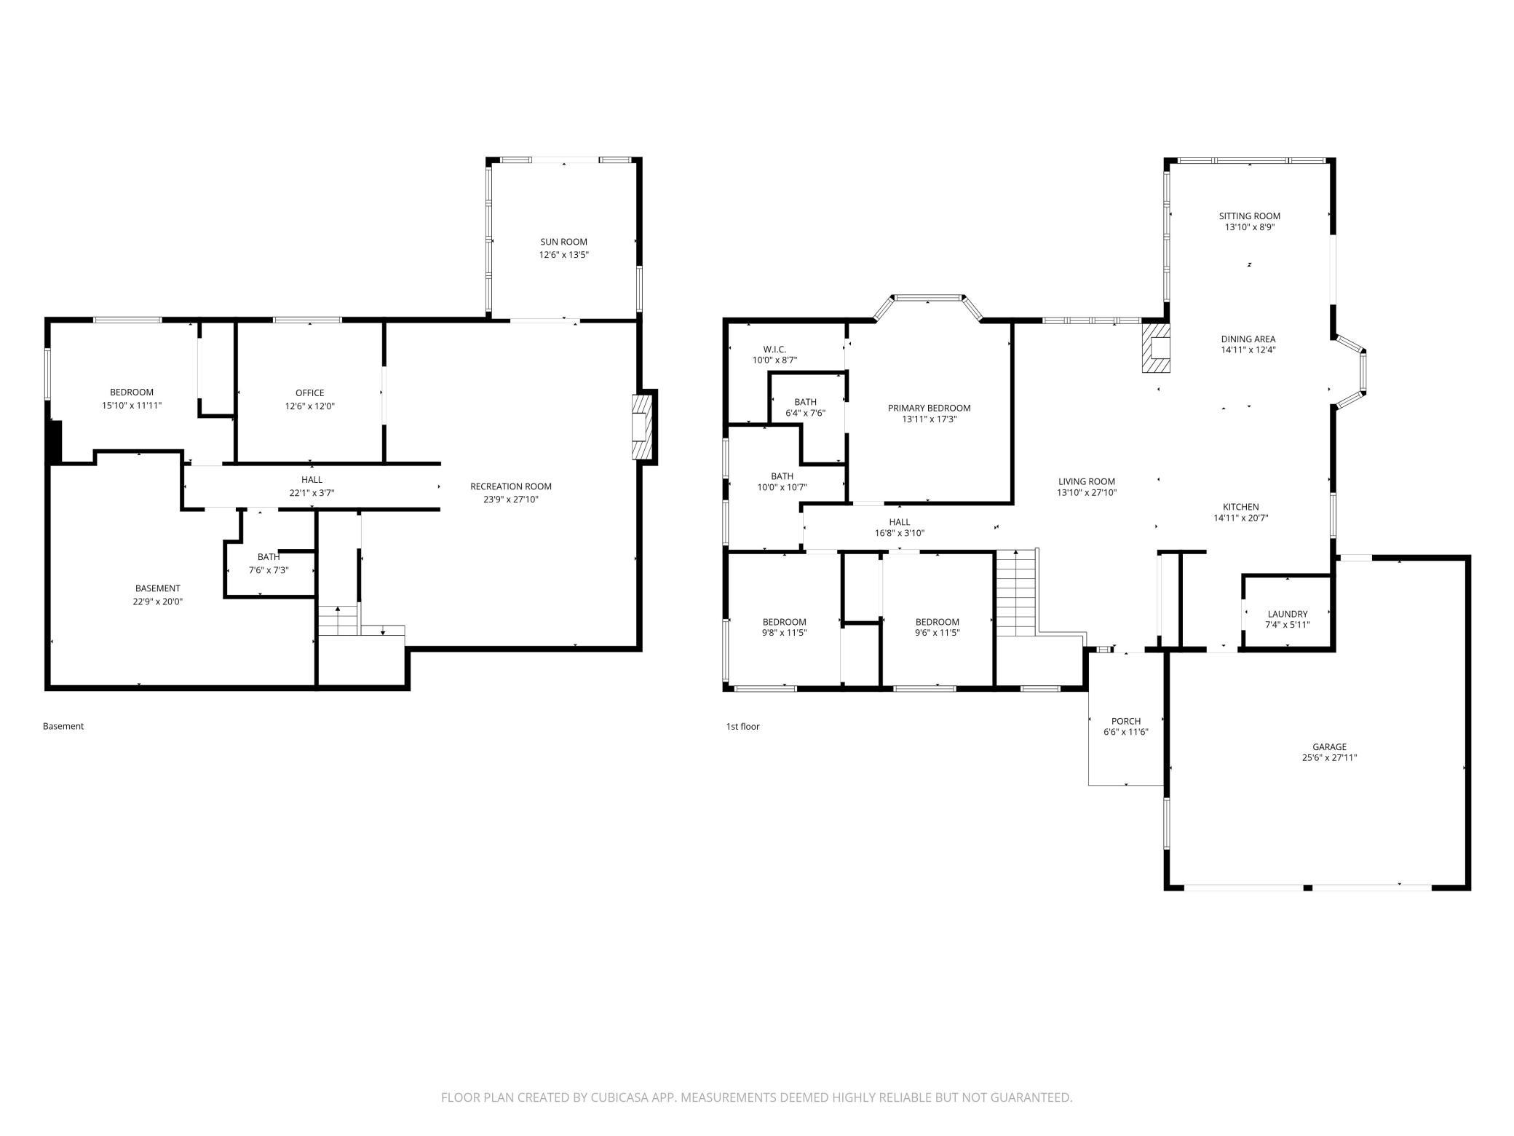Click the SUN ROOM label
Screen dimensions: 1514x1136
tap(563, 242)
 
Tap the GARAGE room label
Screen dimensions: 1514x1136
tap(1329, 746)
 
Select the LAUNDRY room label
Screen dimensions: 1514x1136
tap(1288, 614)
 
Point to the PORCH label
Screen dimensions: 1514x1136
tap(1126, 722)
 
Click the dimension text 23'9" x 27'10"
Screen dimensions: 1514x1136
tap(511, 500)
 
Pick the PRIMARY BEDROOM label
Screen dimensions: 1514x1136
tap(930, 408)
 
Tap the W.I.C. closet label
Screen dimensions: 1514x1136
tap(774, 349)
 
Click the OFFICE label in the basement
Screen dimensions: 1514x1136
tap(310, 393)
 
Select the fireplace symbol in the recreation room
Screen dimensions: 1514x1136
tap(641, 427)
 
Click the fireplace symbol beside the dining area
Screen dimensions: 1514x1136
tap(1155, 348)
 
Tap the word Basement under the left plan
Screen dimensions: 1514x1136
tap(63, 726)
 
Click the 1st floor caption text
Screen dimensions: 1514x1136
tap(742, 726)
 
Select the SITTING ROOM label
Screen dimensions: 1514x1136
tap(1250, 216)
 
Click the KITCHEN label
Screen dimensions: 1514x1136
tap(1240, 507)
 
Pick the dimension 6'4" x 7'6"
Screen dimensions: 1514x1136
tap(805, 413)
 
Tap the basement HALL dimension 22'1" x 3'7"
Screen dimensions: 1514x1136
tap(312, 493)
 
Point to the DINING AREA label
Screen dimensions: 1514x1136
tap(1248, 339)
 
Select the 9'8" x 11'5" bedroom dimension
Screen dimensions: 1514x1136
tap(784, 633)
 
